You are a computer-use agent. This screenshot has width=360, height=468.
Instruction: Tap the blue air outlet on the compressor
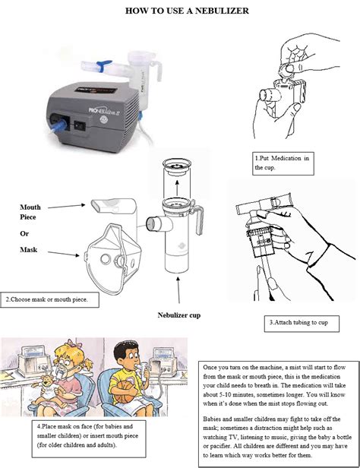point(58,126)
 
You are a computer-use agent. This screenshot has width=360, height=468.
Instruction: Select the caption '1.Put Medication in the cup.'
point(283,163)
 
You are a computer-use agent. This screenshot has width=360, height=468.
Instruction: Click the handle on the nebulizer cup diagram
point(203,226)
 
